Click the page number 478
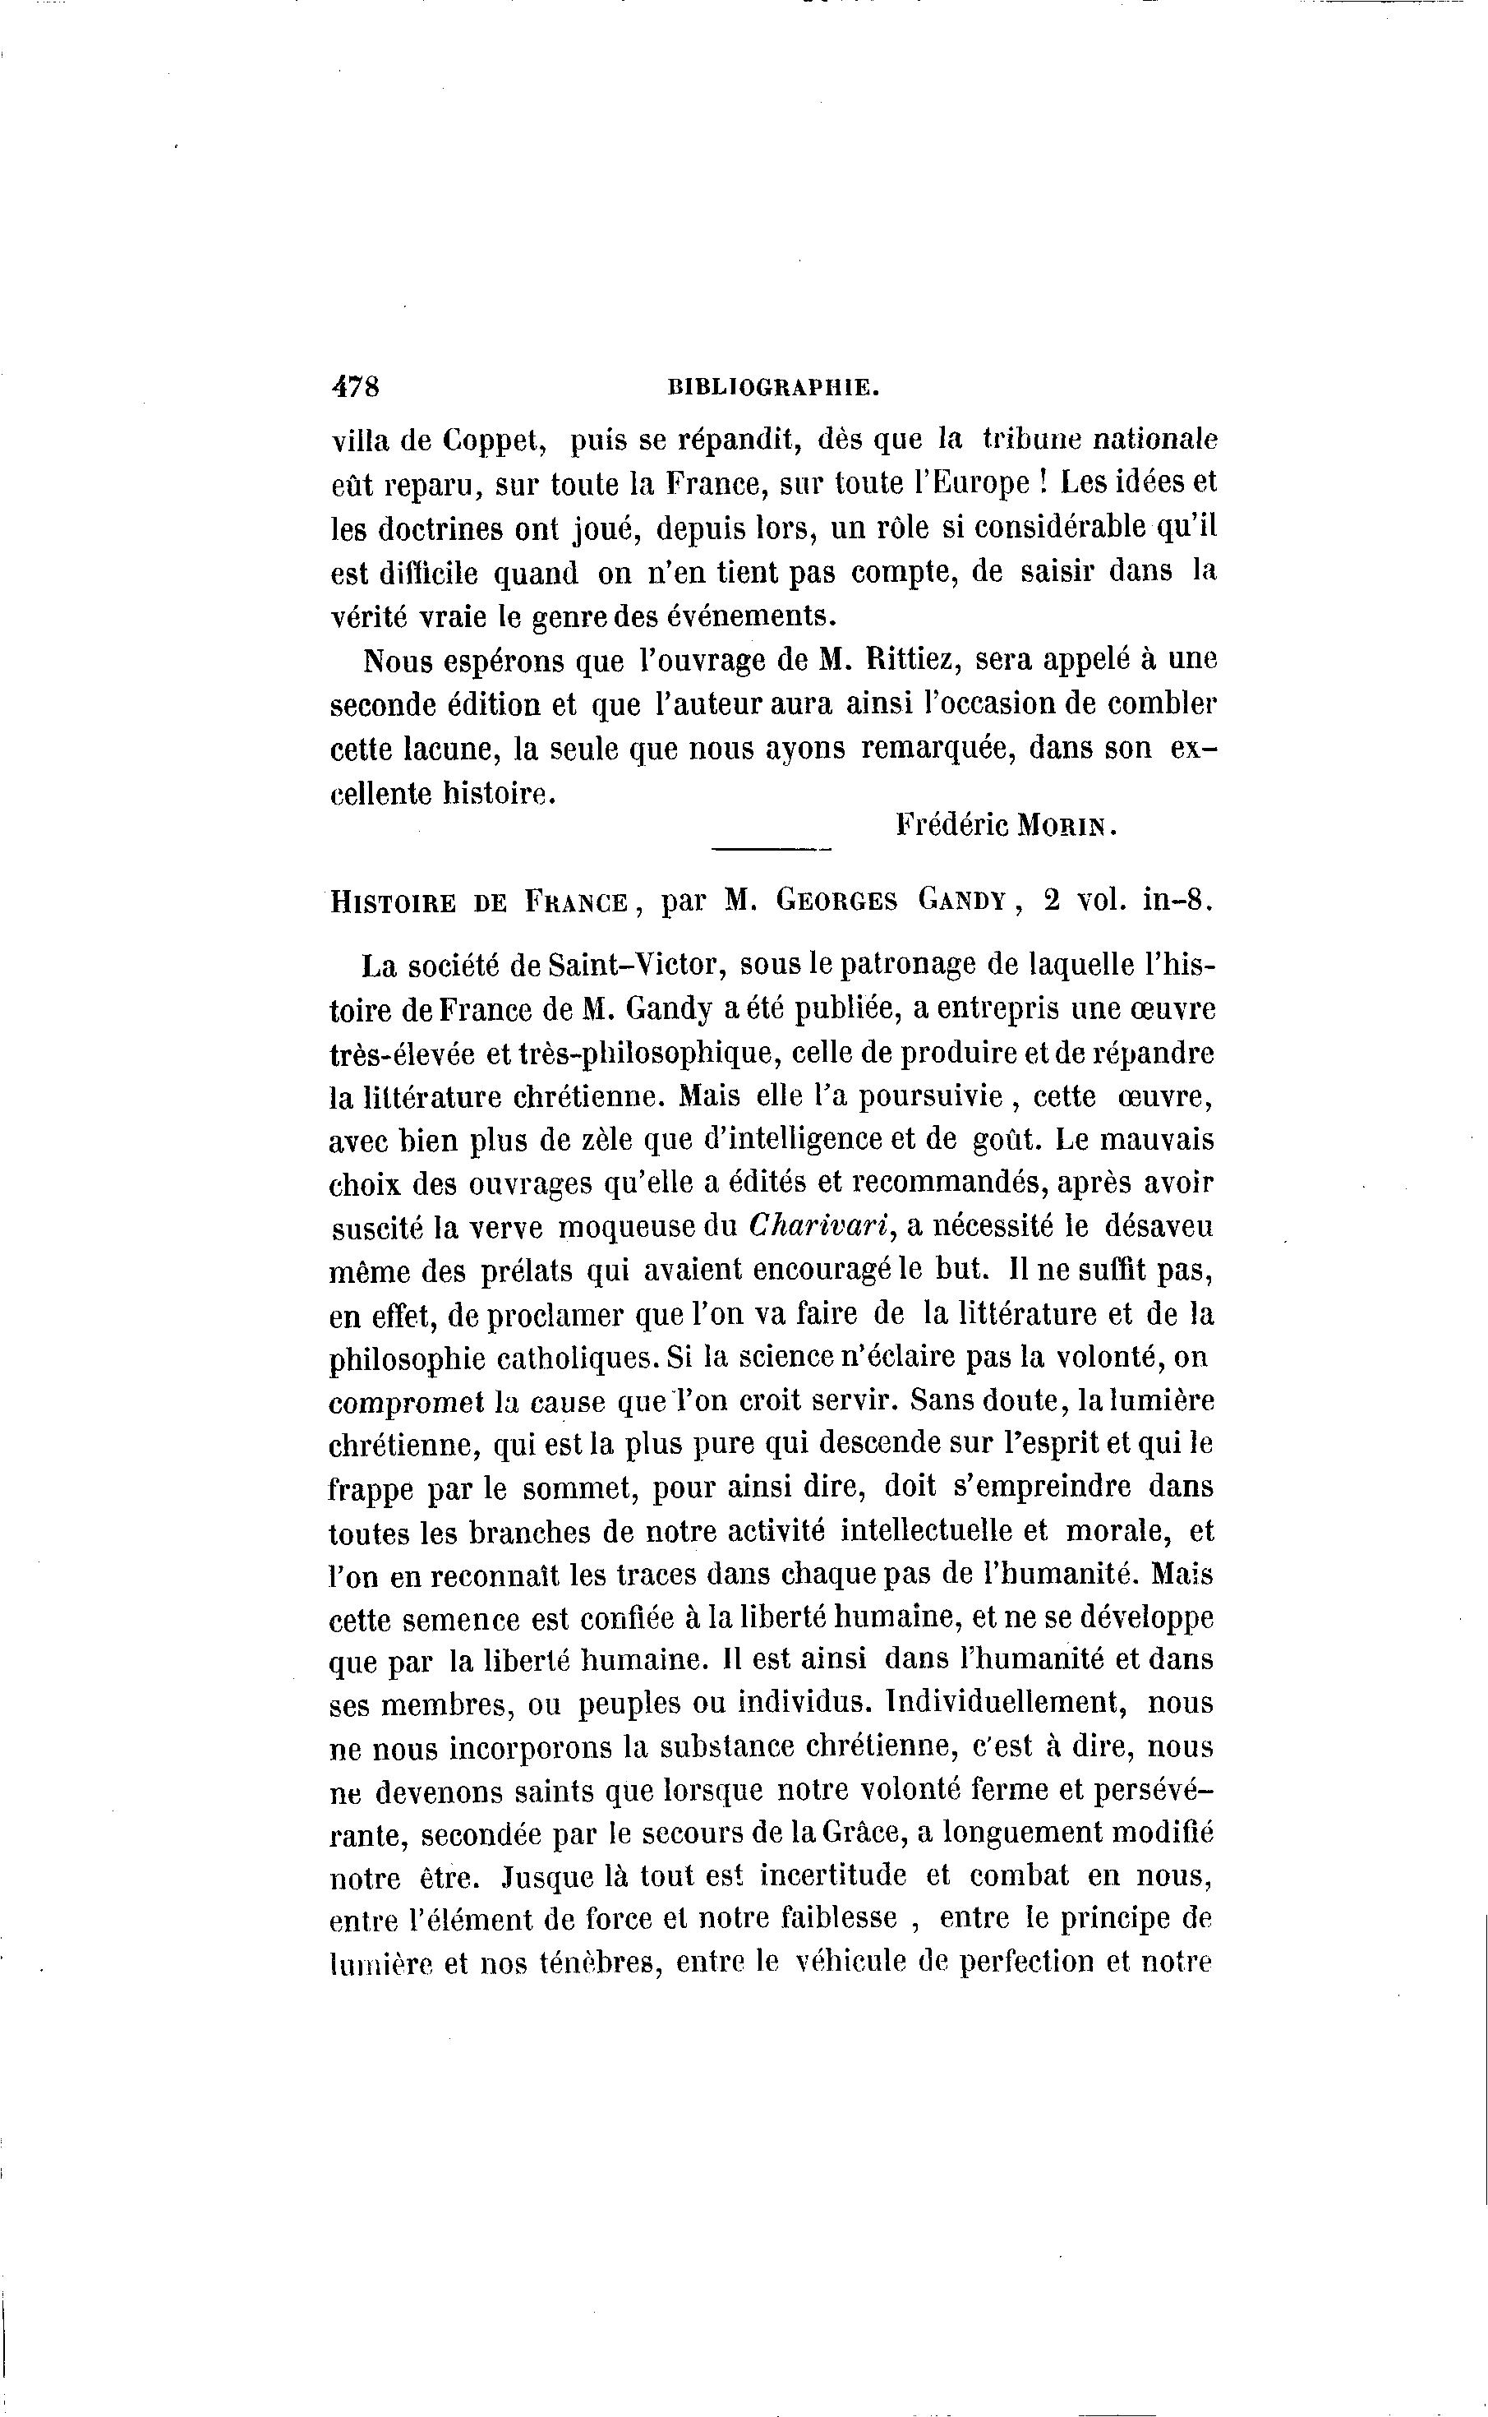[x=355, y=387]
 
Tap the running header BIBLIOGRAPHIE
[x=772, y=388]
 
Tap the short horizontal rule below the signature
[x=771, y=849]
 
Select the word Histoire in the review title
[x=393, y=902]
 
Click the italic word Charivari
[x=820, y=1226]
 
